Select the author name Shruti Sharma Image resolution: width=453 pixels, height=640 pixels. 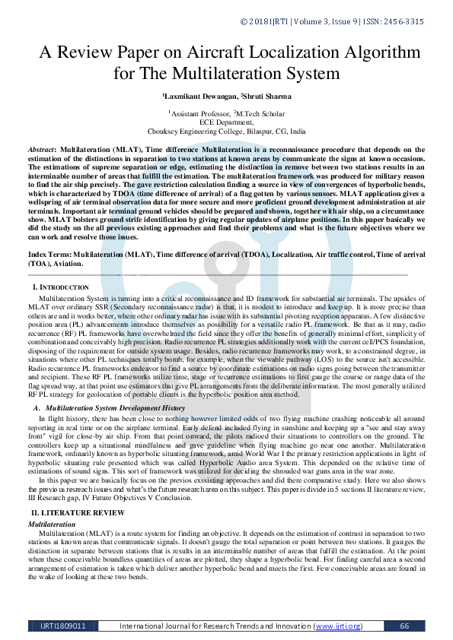pos(266,97)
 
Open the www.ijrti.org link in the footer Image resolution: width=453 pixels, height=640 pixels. pos(337,626)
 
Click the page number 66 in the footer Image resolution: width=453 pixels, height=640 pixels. pos(404,626)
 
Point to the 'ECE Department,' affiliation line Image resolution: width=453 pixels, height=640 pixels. pos(227,121)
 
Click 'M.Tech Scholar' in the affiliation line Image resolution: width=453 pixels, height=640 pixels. pos(260,112)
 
